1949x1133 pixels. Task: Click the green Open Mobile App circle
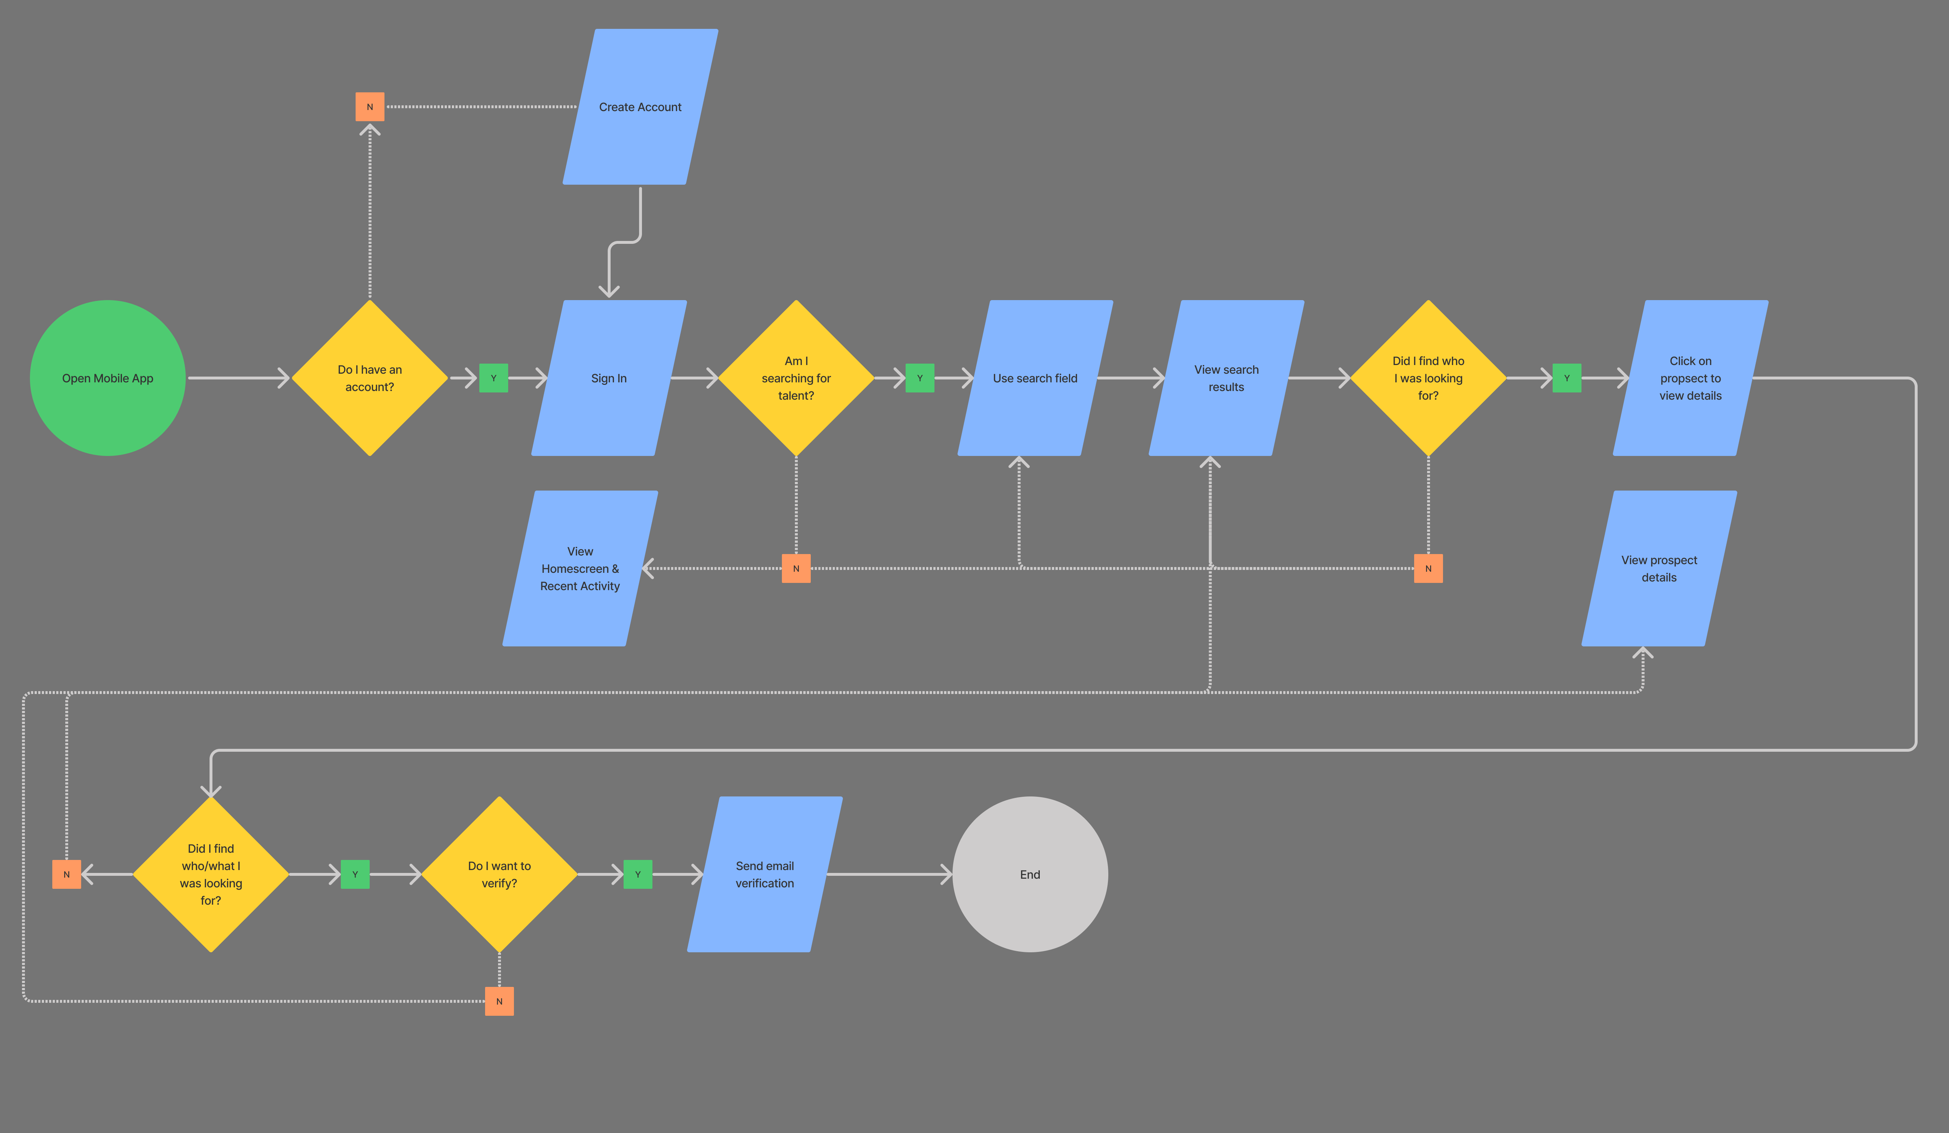[107, 378]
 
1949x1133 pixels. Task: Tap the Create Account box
[641, 107]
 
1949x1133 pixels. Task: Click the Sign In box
[609, 378]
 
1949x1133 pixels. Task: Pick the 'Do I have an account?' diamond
[370, 378]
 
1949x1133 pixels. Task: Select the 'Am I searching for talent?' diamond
[796, 378]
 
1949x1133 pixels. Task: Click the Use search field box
[1035, 378]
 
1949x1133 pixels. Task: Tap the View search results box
[1226, 378]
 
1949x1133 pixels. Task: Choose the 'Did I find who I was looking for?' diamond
[1428, 378]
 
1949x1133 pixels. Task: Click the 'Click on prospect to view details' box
[1690, 378]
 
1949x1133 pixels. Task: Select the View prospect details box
[1659, 568]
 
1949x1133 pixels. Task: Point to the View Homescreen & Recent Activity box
[580, 568]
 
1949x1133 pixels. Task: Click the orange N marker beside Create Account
[370, 107]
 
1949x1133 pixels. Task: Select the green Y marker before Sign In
[493, 378]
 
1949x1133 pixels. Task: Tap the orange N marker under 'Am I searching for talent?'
[796, 568]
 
